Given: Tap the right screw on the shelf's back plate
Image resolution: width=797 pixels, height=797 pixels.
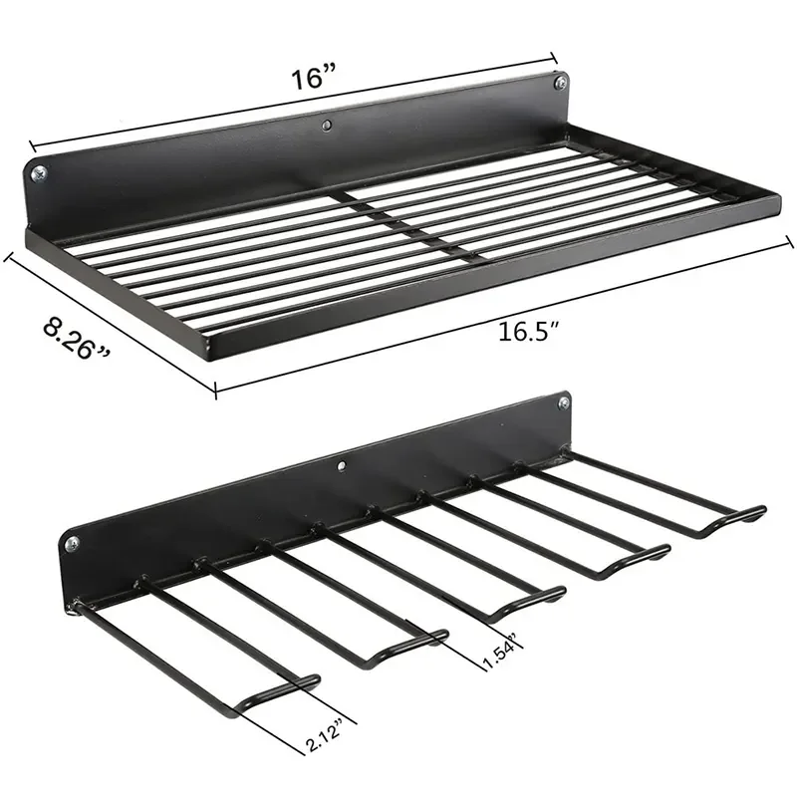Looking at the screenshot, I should click(559, 83).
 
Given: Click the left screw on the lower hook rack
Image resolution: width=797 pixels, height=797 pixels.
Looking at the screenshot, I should click(71, 544).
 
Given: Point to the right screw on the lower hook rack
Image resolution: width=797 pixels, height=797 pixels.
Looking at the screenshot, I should click(564, 402).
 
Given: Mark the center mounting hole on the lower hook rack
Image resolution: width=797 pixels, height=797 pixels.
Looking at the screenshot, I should click(342, 464).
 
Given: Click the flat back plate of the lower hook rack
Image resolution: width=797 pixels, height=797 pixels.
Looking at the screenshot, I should click(299, 508).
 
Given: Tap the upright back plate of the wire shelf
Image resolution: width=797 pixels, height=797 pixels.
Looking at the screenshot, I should click(299, 159).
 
